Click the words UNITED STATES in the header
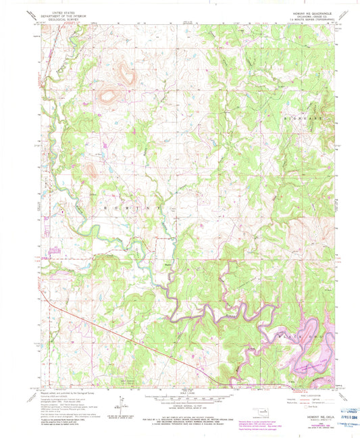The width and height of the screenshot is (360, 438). pyautogui.click(x=64, y=12)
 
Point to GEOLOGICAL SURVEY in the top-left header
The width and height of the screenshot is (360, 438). pyautogui.click(x=64, y=20)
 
